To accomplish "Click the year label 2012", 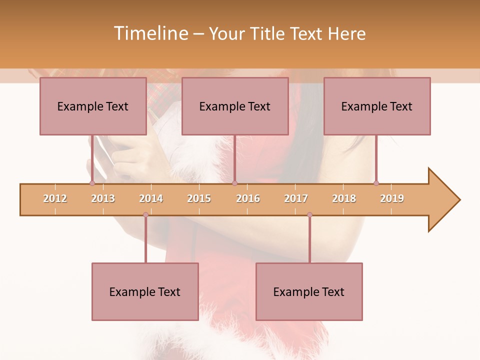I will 55,199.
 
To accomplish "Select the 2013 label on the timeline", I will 103,199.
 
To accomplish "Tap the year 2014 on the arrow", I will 151,199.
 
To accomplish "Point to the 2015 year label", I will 199,199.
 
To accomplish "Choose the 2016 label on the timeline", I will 248,199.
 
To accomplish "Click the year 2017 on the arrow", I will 296,199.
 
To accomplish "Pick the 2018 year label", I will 344,199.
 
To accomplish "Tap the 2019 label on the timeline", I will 392,199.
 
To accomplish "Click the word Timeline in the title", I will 149,33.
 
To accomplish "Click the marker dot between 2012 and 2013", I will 92,183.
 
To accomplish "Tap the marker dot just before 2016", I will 234,183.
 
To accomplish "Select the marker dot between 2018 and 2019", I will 376,183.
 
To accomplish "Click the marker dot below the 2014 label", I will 145,215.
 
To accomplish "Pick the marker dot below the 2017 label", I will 309,215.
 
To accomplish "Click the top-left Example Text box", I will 93,106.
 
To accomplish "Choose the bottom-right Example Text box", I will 309,291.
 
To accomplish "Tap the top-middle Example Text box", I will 235,106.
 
